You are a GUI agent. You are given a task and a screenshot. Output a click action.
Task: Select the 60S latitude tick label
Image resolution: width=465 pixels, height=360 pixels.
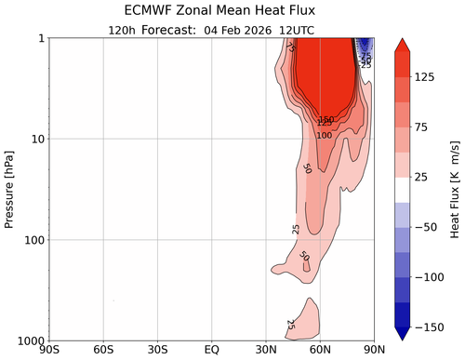pyautogui.click(x=103, y=350)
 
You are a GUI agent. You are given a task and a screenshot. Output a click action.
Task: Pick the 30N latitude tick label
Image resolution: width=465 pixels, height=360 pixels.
pyautogui.click(x=266, y=350)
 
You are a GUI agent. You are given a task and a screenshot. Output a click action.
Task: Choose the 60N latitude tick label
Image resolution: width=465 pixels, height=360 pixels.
pyautogui.click(x=321, y=350)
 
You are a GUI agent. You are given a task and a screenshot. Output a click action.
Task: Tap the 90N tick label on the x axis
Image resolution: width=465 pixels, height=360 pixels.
pyautogui.click(x=374, y=350)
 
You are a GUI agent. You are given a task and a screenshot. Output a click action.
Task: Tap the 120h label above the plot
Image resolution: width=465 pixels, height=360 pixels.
pyautogui.click(x=125, y=29)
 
